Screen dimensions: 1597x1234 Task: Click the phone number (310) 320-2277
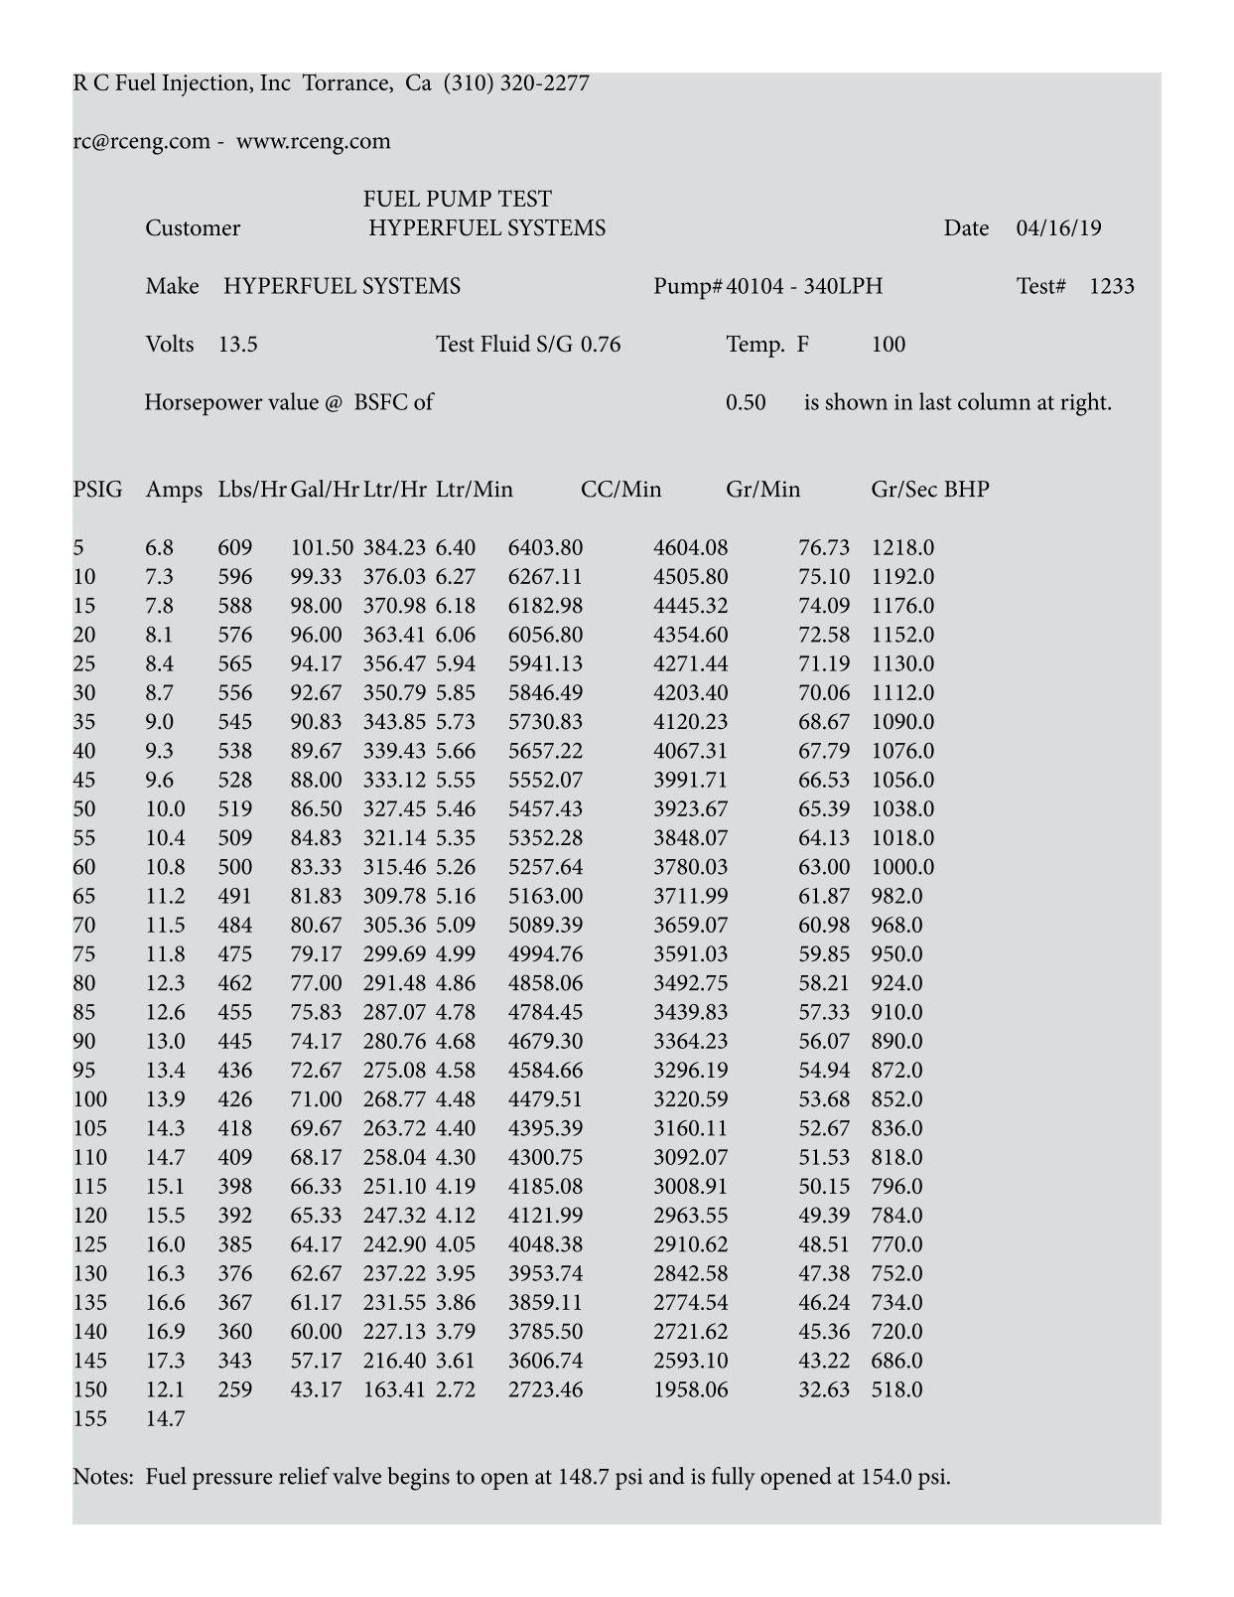[x=516, y=83]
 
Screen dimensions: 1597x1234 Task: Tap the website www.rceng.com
[x=314, y=141]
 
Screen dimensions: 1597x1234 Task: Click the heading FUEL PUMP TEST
[x=458, y=199]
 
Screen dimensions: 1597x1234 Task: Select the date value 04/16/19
[x=1058, y=228]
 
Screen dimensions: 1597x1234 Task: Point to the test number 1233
[x=1112, y=287]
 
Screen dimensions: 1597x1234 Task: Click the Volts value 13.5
[x=238, y=345]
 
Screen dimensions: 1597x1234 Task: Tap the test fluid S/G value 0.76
[x=601, y=345]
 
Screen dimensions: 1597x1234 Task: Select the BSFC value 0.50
[x=746, y=402]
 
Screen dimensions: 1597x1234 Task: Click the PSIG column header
[x=98, y=490]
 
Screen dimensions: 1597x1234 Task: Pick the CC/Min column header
[x=620, y=490]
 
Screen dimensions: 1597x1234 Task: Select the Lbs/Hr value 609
[x=235, y=548]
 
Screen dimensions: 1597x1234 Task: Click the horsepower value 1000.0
[x=902, y=867]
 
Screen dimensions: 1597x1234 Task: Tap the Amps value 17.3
[x=165, y=1361]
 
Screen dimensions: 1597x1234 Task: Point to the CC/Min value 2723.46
[x=545, y=1389]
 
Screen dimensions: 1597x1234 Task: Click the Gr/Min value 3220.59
[x=690, y=1099]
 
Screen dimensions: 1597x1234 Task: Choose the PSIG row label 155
[x=90, y=1418]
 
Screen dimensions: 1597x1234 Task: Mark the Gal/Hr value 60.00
[x=316, y=1332]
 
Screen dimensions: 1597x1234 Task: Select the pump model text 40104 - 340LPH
[x=804, y=287]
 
